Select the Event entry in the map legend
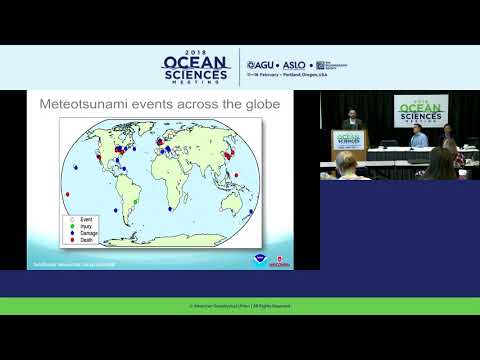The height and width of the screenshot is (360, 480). coord(81,218)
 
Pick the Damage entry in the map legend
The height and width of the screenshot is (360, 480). coord(83,232)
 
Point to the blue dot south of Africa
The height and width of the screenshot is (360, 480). coord(170,211)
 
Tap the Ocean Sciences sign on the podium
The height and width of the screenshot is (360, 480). coord(350,141)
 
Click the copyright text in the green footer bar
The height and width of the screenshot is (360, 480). coord(240,305)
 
